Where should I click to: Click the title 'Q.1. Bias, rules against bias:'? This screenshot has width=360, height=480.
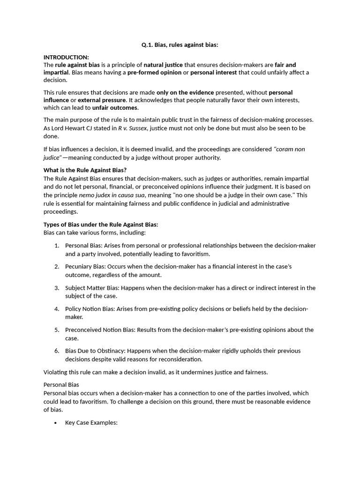tap(180, 45)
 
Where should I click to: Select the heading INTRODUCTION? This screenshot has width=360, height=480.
tap(66, 57)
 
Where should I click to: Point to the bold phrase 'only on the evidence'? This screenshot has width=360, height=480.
tap(185, 92)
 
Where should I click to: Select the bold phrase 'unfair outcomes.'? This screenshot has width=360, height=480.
tap(115, 107)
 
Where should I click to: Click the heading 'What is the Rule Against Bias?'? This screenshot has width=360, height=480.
tap(85, 170)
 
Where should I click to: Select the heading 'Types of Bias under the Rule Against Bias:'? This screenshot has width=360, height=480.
tap(101, 225)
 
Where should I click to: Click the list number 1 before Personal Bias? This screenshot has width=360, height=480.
tap(56, 246)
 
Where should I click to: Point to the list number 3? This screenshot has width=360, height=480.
tap(56, 288)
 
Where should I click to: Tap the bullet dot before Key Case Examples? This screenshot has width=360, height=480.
tap(56, 423)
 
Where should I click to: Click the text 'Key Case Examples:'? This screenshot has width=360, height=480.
tap(91, 423)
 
